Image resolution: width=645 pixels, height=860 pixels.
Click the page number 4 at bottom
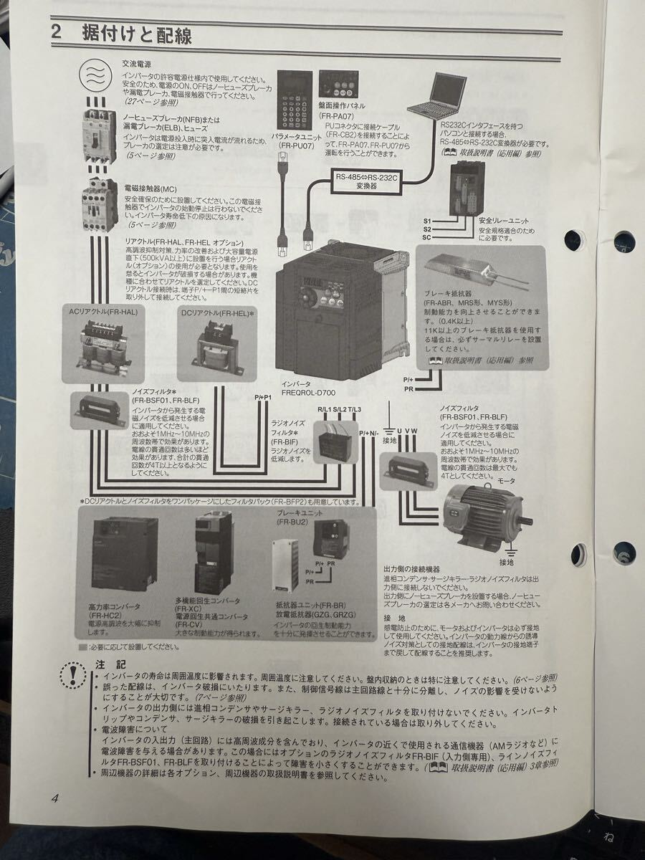tap(54, 799)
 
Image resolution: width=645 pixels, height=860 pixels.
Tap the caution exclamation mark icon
tap(73, 674)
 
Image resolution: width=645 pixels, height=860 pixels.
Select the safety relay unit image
tap(465, 188)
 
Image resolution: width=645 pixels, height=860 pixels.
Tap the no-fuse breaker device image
tap(99, 136)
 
